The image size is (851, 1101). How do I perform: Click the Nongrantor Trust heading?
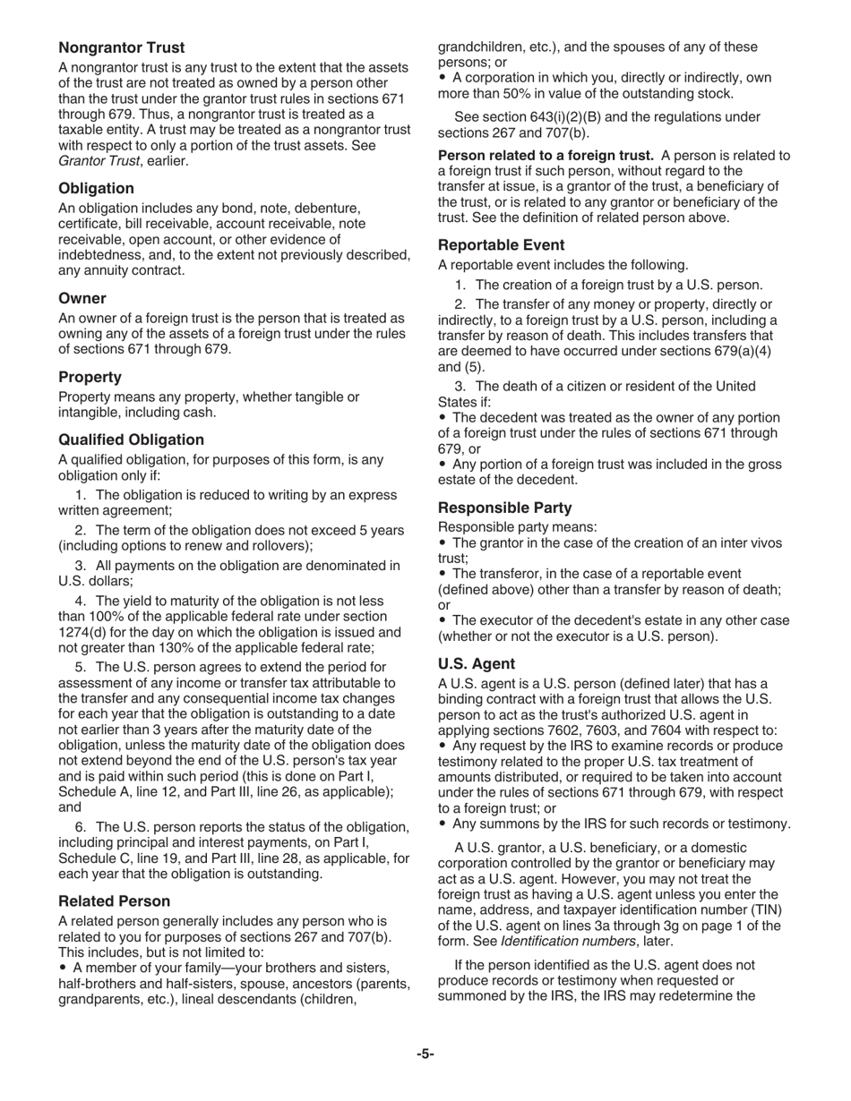point(122,47)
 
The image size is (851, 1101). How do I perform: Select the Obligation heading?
point(96,188)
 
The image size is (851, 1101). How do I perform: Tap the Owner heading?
point(82,298)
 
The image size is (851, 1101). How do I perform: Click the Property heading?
point(90,377)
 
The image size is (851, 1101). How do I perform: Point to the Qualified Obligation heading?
point(131,440)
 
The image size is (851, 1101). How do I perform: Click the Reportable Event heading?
point(501,245)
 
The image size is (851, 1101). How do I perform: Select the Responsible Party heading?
point(504,508)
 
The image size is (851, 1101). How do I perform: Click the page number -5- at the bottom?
point(425,1054)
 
